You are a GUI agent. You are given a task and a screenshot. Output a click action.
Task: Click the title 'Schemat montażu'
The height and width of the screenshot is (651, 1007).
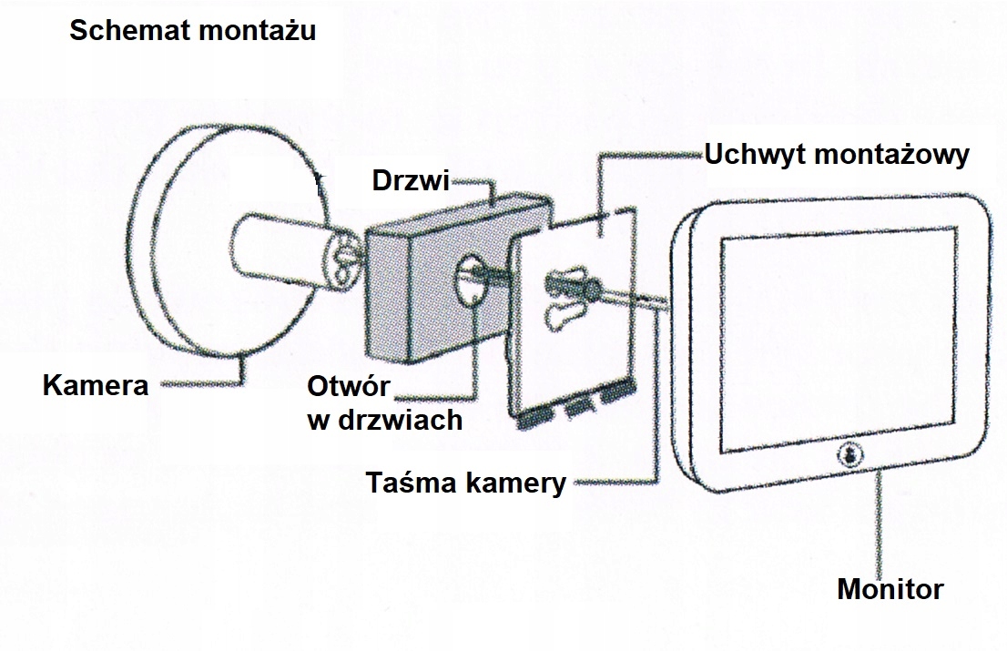pyautogui.click(x=192, y=31)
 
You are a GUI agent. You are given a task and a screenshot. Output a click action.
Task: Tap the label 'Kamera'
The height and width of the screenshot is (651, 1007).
pyautogui.click(x=96, y=385)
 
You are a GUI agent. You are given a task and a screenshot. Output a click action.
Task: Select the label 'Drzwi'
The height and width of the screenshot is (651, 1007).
pyautogui.click(x=411, y=181)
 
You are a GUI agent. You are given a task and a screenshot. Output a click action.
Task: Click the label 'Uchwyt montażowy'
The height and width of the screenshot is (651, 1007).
pyautogui.click(x=837, y=155)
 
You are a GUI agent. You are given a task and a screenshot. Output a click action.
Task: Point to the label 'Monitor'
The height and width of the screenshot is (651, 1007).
pyautogui.click(x=890, y=589)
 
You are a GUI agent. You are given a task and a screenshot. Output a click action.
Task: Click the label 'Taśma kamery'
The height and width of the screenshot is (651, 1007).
pyautogui.click(x=465, y=483)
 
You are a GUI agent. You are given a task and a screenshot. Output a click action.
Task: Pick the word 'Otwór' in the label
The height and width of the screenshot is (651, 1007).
pyautogui.click(x=349, y=387)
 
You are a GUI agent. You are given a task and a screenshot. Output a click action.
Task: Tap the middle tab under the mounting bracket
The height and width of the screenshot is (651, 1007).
pyautogui.click(x=580, y=410)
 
